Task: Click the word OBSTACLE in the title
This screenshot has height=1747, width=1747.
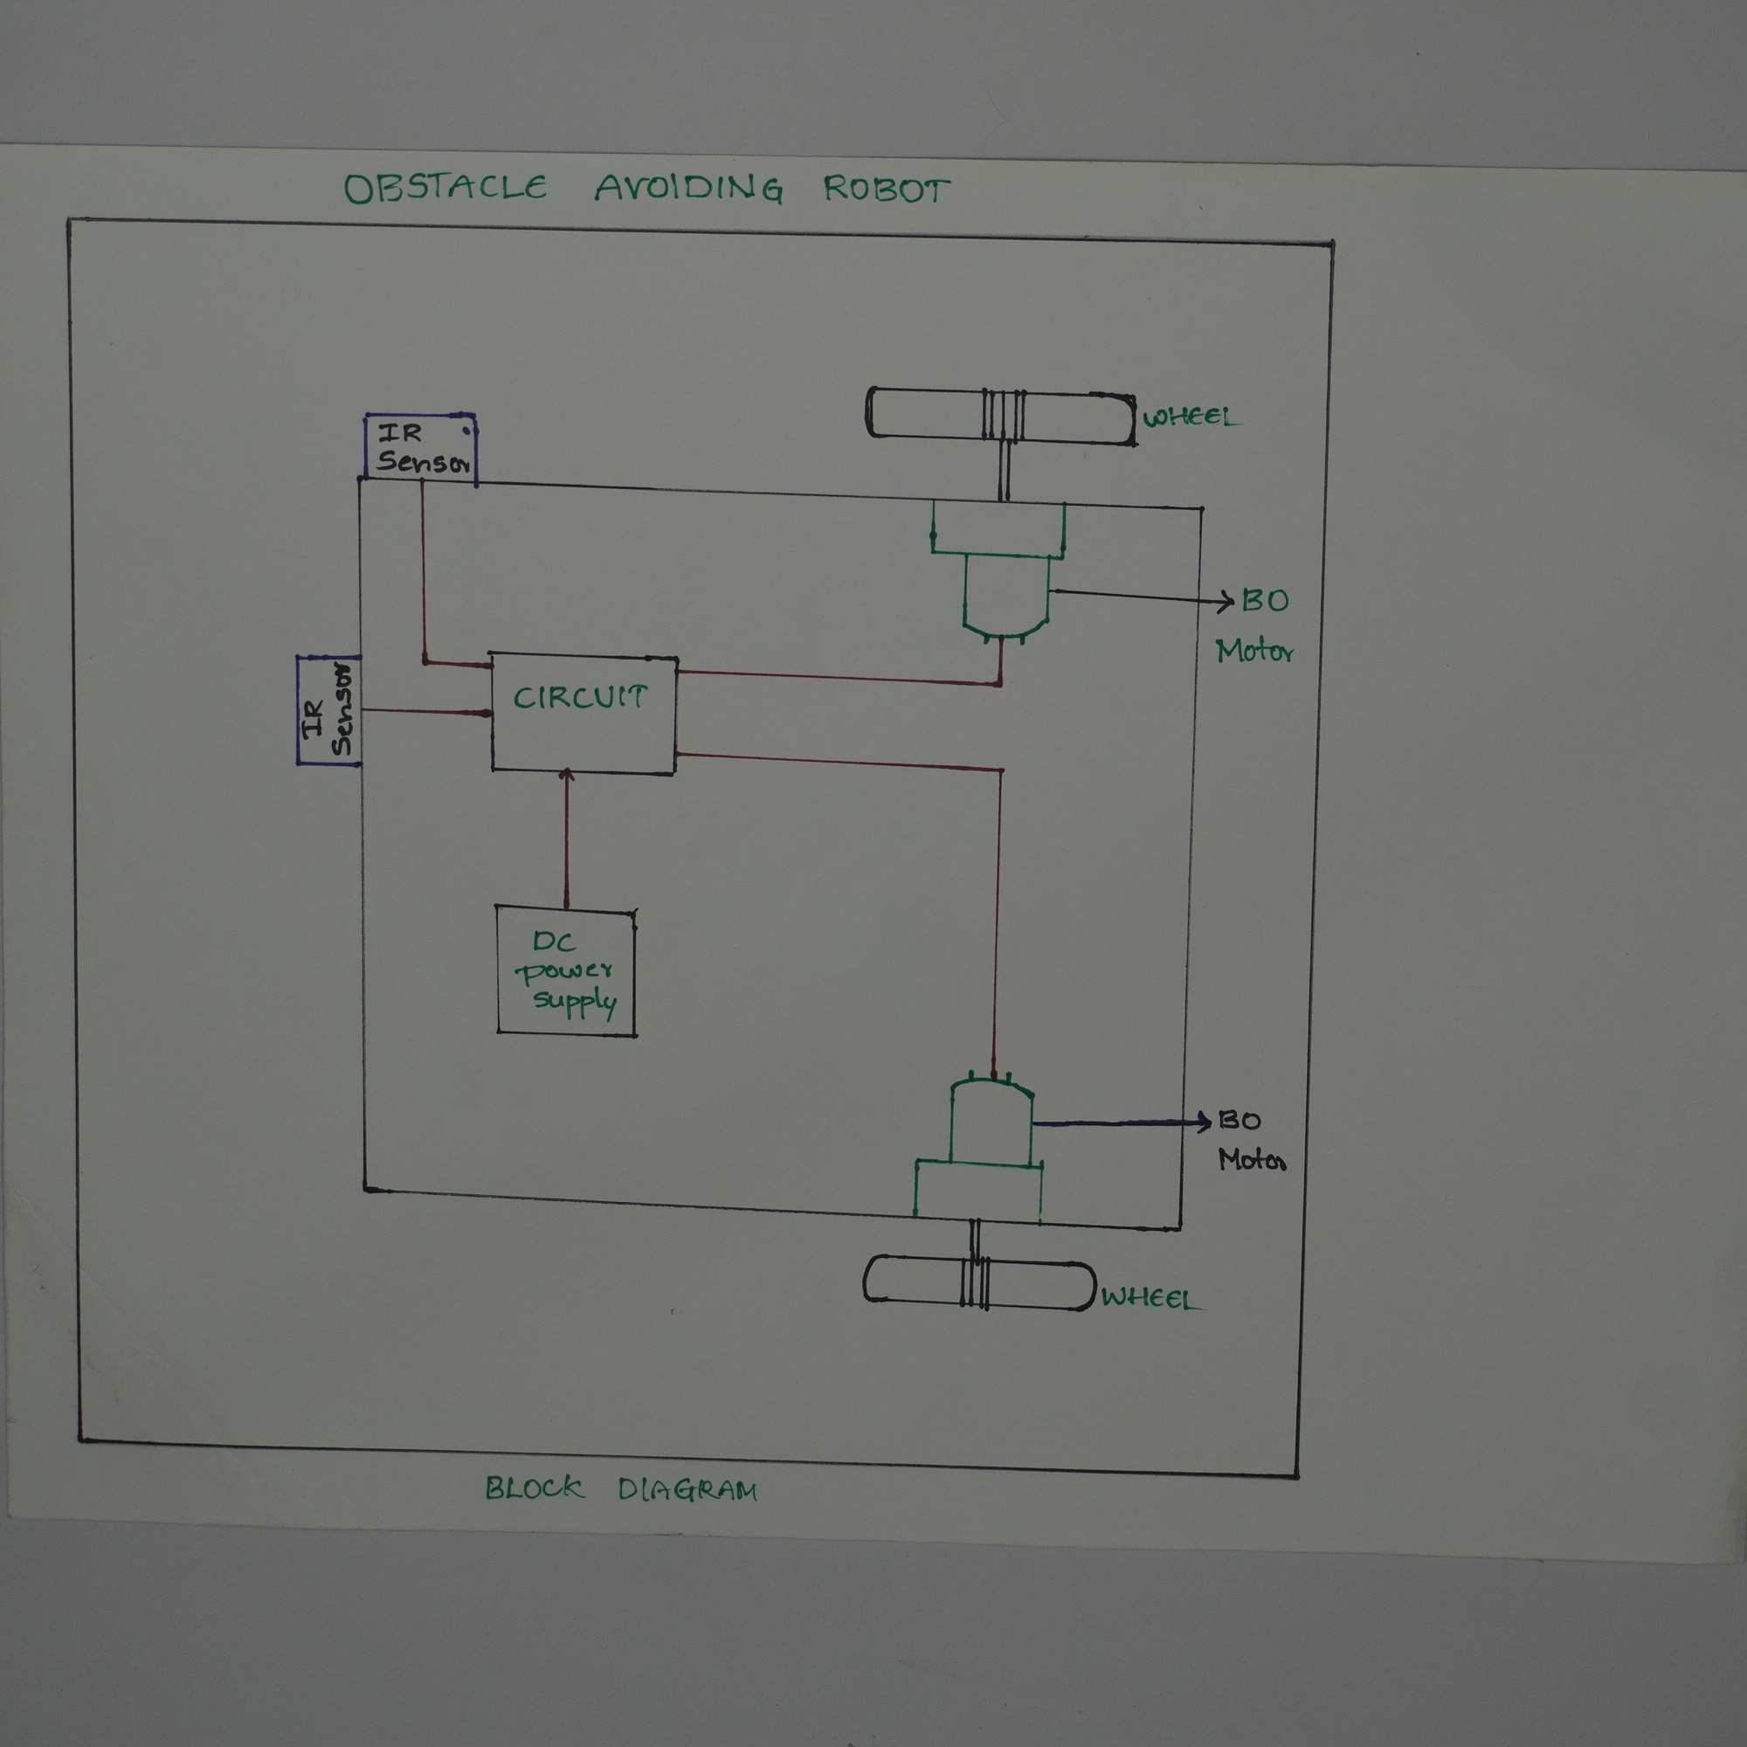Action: [445, 188]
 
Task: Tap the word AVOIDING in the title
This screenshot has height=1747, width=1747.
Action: [688, 188]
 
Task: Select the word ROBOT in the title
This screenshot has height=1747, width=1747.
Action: [885, 190]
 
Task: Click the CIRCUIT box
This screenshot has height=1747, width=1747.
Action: [583, 714]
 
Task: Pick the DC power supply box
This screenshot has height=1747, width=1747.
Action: [566, 971]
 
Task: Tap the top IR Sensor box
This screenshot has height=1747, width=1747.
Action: [420, 447]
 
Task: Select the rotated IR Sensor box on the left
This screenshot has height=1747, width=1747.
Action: [328, 711]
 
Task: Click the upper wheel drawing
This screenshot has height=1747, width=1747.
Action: [1000, 415]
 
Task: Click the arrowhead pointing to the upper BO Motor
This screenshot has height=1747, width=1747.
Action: [1226, 601]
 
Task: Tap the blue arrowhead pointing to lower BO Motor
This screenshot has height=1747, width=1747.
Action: [1205, 1122]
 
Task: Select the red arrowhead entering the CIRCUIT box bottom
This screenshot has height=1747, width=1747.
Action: [567, 776]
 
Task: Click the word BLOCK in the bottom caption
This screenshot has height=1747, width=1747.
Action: [534, 1488]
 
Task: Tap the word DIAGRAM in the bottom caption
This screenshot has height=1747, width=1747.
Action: [687, 1490]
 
